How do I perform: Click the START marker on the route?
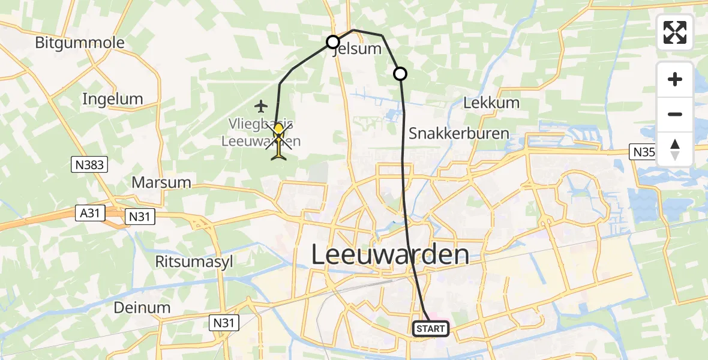431,328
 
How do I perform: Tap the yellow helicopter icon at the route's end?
280,142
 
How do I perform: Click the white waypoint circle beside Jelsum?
333,42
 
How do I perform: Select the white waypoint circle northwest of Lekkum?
400,74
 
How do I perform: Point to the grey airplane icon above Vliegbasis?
260,107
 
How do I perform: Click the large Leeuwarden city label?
390,255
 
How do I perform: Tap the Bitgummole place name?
80,43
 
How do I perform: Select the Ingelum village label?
113,99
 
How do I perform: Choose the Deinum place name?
142,307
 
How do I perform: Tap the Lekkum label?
491,103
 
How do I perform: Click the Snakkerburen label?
458,133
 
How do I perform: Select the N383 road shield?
91,165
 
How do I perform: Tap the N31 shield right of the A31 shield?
140,217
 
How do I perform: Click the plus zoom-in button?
675,79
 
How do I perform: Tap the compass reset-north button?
675,149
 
